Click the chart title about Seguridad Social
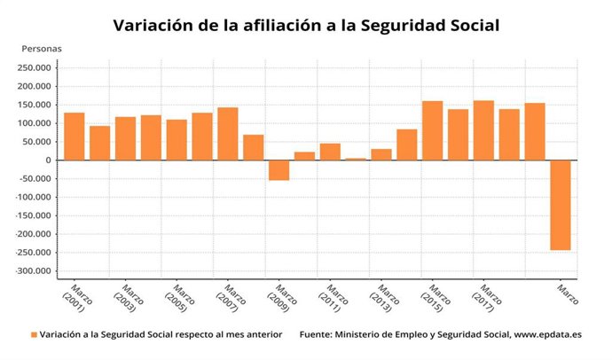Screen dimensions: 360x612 306,26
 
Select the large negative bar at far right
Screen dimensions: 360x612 561,205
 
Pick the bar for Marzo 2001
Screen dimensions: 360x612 75,137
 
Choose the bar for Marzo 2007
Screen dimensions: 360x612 228,134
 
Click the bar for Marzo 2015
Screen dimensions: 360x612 433,130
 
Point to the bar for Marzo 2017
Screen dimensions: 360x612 483,130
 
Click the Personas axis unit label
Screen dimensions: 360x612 42,48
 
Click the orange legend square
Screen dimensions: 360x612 35,335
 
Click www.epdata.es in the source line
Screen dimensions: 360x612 546,335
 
